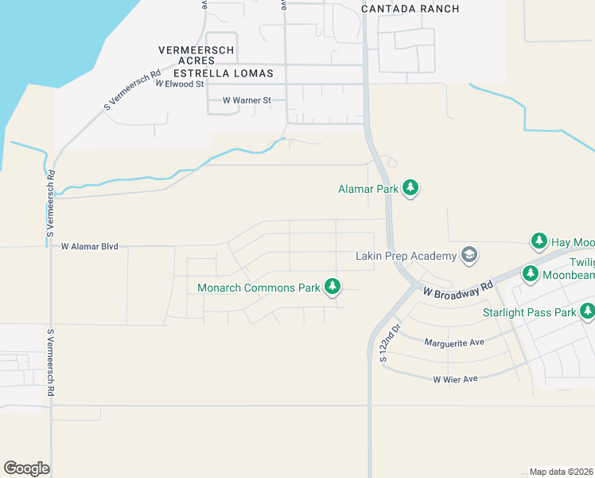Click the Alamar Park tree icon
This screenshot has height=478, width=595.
pos(410,188)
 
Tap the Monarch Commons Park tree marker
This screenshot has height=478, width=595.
pos(332,287)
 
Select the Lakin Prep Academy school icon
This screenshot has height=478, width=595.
pos(469,255)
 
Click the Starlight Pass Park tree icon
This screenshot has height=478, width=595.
pos(587,311)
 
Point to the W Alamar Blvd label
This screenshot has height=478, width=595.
pos(89,247)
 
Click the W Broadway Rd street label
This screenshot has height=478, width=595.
pos(458,289)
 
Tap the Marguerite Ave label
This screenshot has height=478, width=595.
pos(454,343)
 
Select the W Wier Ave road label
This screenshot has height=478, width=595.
pos(455,379)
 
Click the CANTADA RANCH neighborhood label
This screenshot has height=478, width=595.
pos(410,9)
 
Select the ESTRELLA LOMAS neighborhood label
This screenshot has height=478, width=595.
pos(224,73)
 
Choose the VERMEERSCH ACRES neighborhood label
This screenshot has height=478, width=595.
pos(196,55)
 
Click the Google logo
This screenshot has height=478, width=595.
pos(26,468)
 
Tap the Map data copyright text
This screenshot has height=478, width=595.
pos(561,472)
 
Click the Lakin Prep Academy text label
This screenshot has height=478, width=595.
pos(406,256)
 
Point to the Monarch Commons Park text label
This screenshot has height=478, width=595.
pos(259,288)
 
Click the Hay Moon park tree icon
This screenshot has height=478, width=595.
pos(539,241)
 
